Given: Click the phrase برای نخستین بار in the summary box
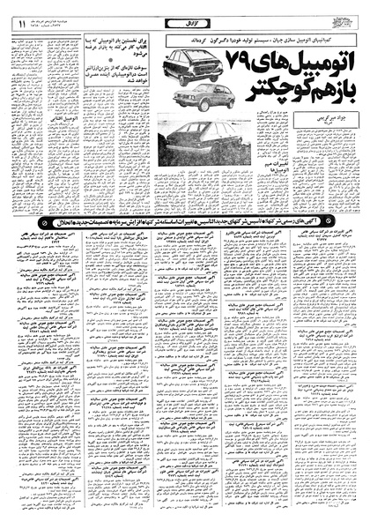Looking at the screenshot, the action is click(119, 41).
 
